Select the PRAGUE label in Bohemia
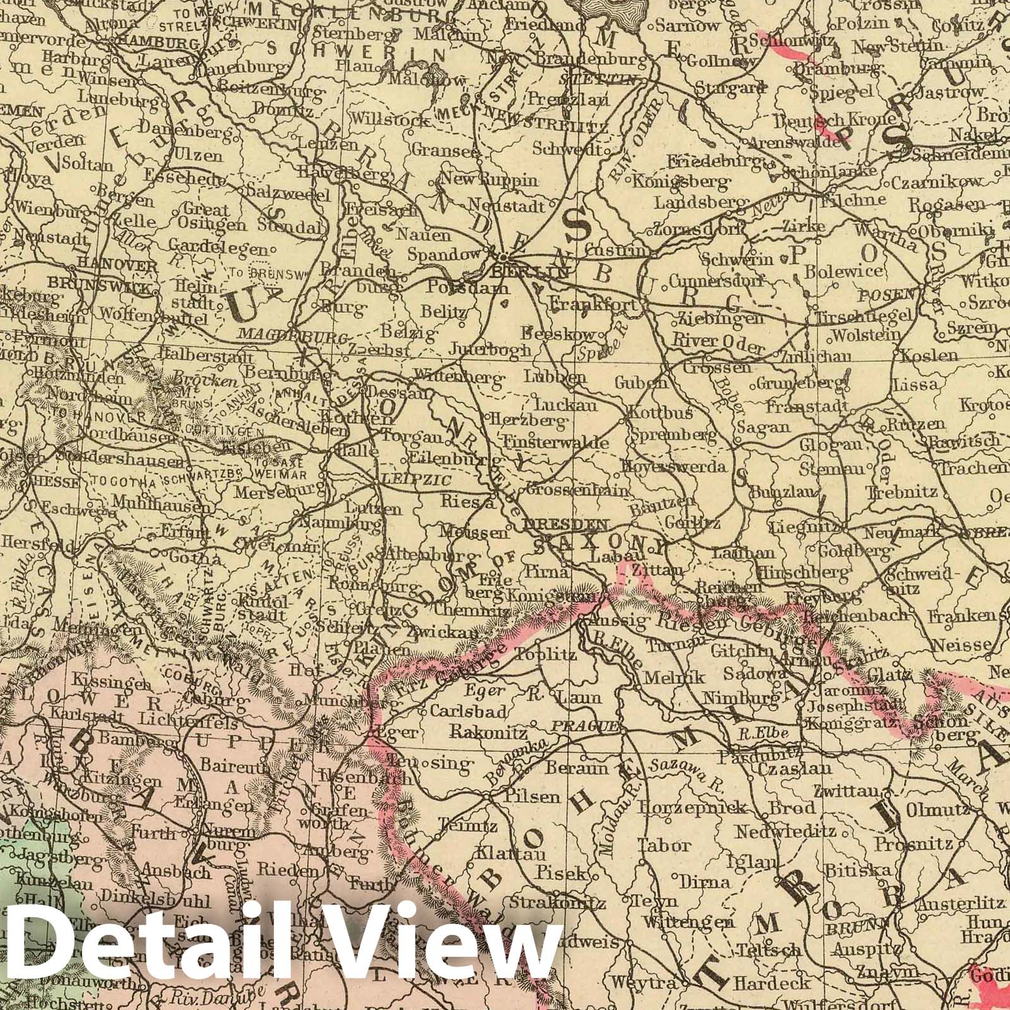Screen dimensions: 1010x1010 click(584, 727)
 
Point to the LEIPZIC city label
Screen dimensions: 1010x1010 click(417, 480)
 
